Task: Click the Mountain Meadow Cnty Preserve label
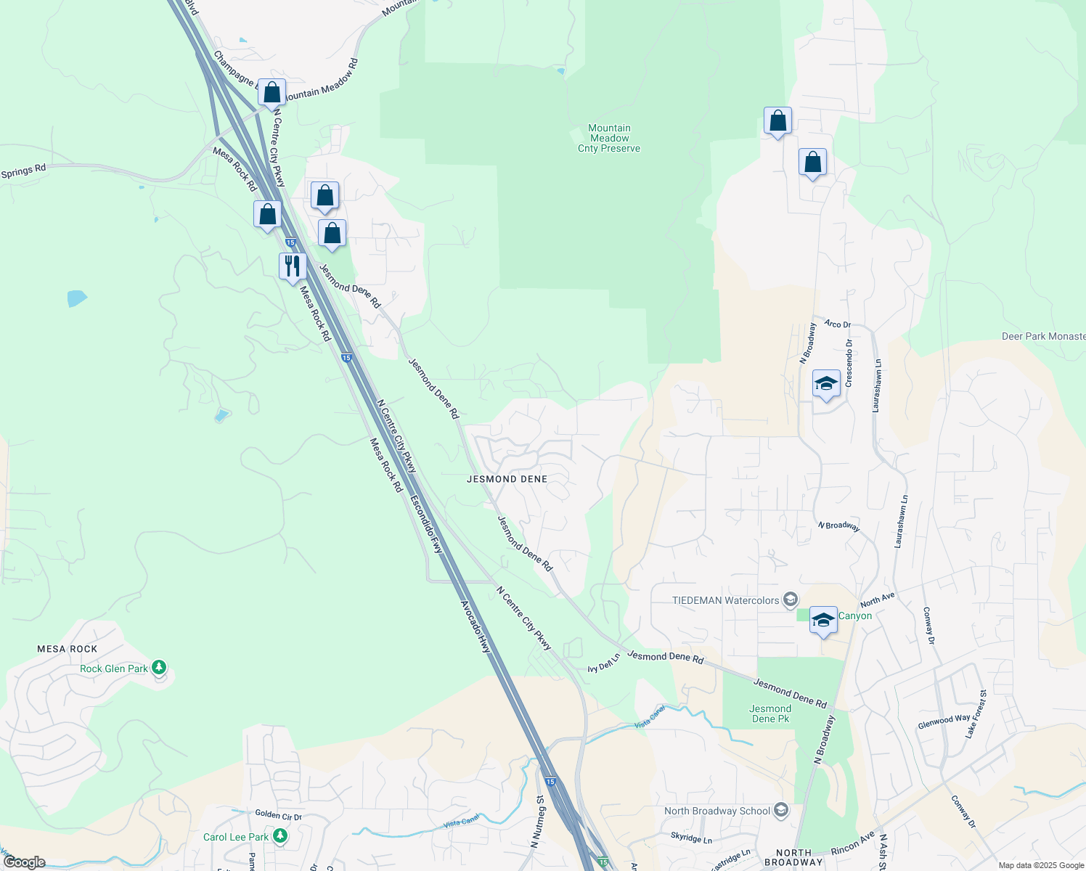[609, 138]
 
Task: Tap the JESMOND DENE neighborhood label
[507, 479]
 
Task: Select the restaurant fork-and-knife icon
[293, 266]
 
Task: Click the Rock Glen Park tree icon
[159, 668]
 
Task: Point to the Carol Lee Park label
[236, 837]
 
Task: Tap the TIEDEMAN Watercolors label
[726, 600]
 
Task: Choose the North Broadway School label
[717, 811]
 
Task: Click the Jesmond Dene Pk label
[770, 713]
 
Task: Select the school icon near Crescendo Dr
[826, 383]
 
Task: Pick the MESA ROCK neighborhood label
[68, 649]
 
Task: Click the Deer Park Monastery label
[1043, 336]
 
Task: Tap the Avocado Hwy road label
[475, 626]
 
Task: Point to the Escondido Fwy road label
[426, 525]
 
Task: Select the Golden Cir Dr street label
[278, 815]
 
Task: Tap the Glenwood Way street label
[944, 721]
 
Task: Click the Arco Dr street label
[837, 324]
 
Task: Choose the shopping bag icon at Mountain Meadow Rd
[271, 93]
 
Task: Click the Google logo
[24, 862]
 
